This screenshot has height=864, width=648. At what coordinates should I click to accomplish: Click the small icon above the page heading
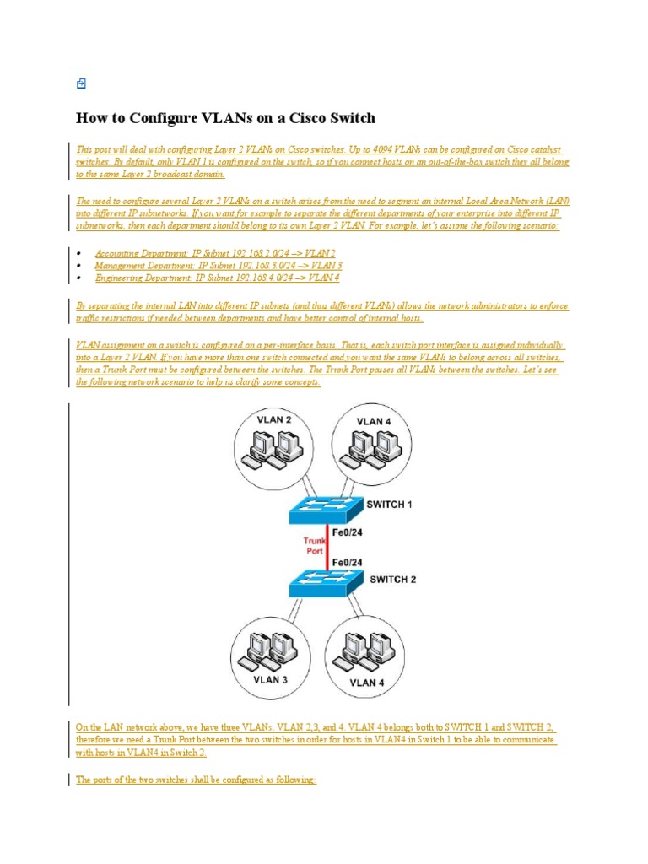point(81,83)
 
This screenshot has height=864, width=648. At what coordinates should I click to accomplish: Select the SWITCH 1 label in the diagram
point(389,505)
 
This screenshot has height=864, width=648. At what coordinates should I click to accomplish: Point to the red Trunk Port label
point(314,545)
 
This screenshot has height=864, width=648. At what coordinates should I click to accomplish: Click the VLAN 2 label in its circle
point(276,420)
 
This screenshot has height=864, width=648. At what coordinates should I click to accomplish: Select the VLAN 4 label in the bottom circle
point(368,682)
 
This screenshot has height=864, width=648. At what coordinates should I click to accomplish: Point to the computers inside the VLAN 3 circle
point(270,651)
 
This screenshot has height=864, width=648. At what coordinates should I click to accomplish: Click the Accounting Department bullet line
point(215,253)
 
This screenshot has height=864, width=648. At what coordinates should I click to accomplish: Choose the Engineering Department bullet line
point(218,278)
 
